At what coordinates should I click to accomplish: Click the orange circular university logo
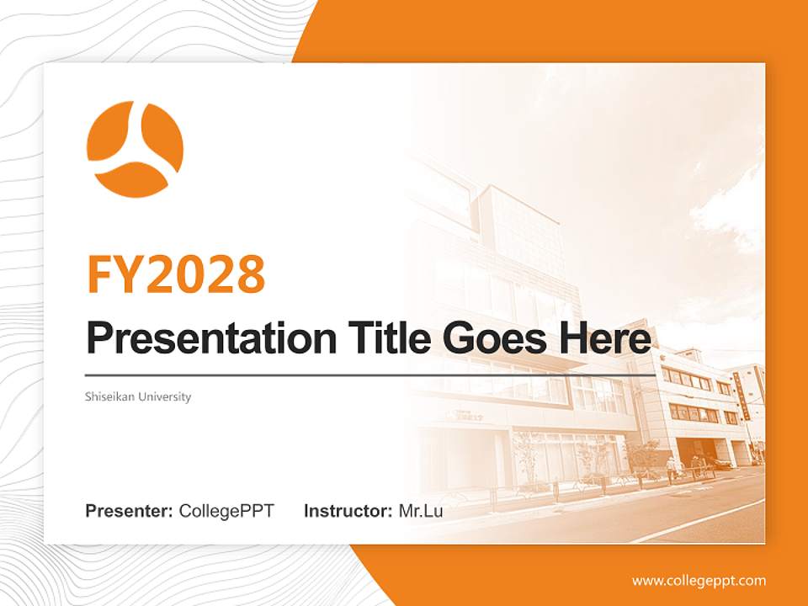point(135,149)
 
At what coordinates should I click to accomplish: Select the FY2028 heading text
point(176,274)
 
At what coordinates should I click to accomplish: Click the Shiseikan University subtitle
point(138,396)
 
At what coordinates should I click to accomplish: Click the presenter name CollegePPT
point(226,511)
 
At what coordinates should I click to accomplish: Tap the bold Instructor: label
point(348,511)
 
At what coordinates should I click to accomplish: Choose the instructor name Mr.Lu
point(420,511)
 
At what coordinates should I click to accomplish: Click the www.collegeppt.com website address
point(699,581)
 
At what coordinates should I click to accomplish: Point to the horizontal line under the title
point(370,375)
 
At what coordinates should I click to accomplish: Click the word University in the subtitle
point(165,396)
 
